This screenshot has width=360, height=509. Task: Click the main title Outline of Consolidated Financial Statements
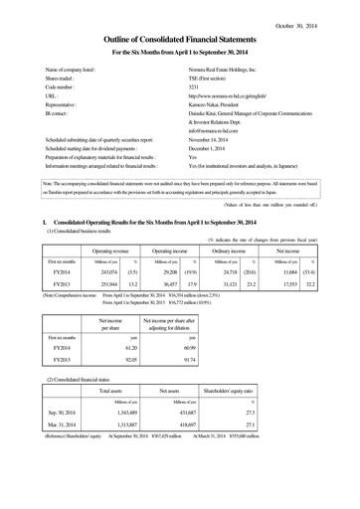[179, 38]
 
